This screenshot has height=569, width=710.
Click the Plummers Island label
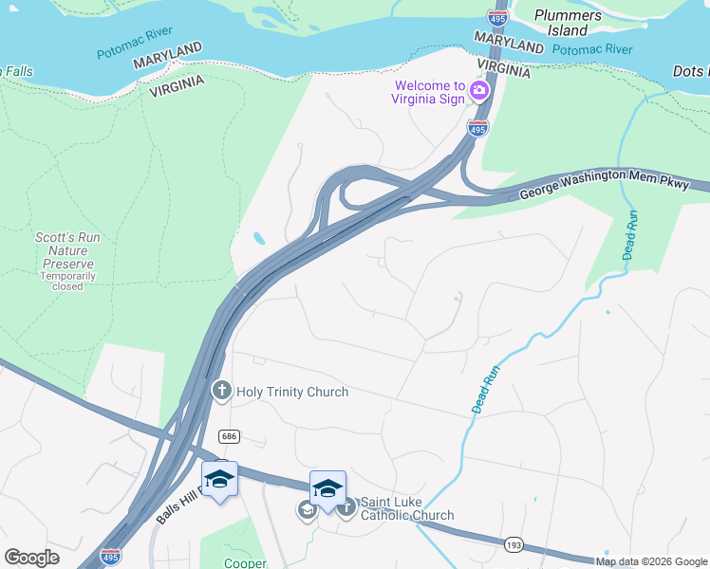pyautogui.click(x=568, y=23)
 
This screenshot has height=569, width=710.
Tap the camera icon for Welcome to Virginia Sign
pyautogui.click(x=478, y=92)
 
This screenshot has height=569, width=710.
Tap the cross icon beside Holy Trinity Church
pyautogui.click(x=221, y=390)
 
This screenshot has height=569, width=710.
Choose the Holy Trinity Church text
pyautogui.click(x=291, y=392)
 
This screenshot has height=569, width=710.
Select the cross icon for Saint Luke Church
pyautogui.click(x=346, y=507)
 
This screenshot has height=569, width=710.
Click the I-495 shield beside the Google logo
pyautogui.click(x=111, y=555)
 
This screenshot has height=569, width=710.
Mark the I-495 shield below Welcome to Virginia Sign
pyautogui.click(x=477, y=128)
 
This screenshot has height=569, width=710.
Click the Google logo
pyautogui.click(x=31, y=558)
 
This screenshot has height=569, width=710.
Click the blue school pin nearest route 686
pyautogui.click(x=219, y=479)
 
